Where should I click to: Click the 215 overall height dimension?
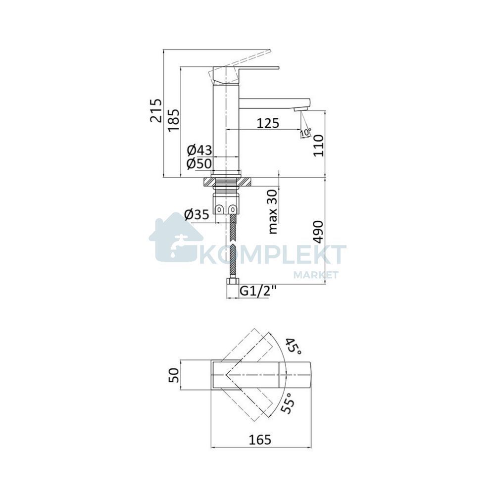click(156, 110)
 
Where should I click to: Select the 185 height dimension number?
click(174, 120)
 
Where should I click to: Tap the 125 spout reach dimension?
click(268, 123)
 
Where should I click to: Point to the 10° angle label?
click(306, 133)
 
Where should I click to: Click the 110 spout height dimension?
click(318, 145)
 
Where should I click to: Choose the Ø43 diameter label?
click(199, 150)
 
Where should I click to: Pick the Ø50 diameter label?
click(199, 163)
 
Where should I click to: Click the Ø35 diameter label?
click(197, 215)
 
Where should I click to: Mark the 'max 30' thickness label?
click(272, 211)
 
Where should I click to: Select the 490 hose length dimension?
click(318, 232)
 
